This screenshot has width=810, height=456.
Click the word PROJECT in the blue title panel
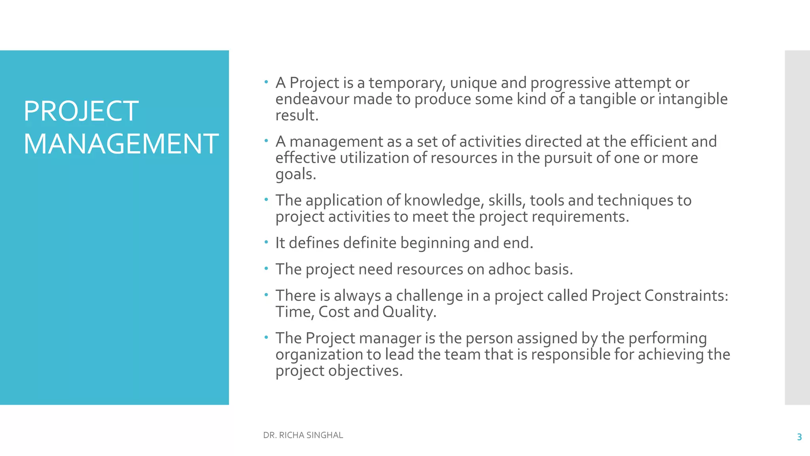click(x=81, y=111)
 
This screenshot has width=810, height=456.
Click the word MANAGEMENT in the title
click(x=121, y=144)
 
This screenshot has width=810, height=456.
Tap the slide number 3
click(x=799, y=437)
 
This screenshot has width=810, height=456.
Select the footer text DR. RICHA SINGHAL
click(x=303, y=435)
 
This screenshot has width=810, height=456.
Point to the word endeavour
click(x=312, y=99)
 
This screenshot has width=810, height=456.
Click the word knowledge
click(x=444, y=201)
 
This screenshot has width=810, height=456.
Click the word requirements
click(x=580, y=217)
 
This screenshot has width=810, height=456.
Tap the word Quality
click(x=409, y=312)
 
